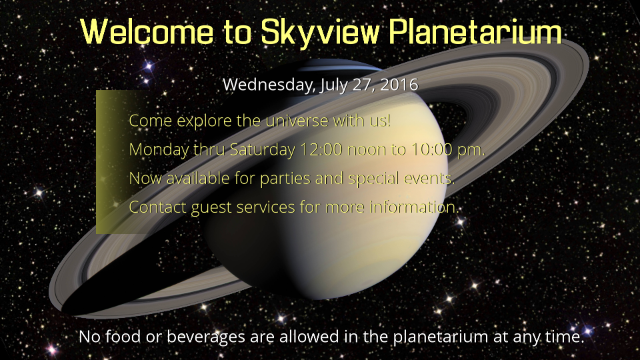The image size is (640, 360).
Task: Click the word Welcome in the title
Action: [x=147, y=32]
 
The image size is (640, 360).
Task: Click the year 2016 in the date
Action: [x=399, y=85]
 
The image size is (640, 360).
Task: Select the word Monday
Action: [x=159, y=150]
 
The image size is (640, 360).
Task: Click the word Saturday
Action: [x=263, y=149]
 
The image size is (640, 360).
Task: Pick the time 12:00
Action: [x=321, y=149]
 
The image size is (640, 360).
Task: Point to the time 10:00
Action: [x=431, y=149]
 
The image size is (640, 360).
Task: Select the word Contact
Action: [x=157, y=207]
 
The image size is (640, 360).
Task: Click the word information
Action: [x=414, y=207]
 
